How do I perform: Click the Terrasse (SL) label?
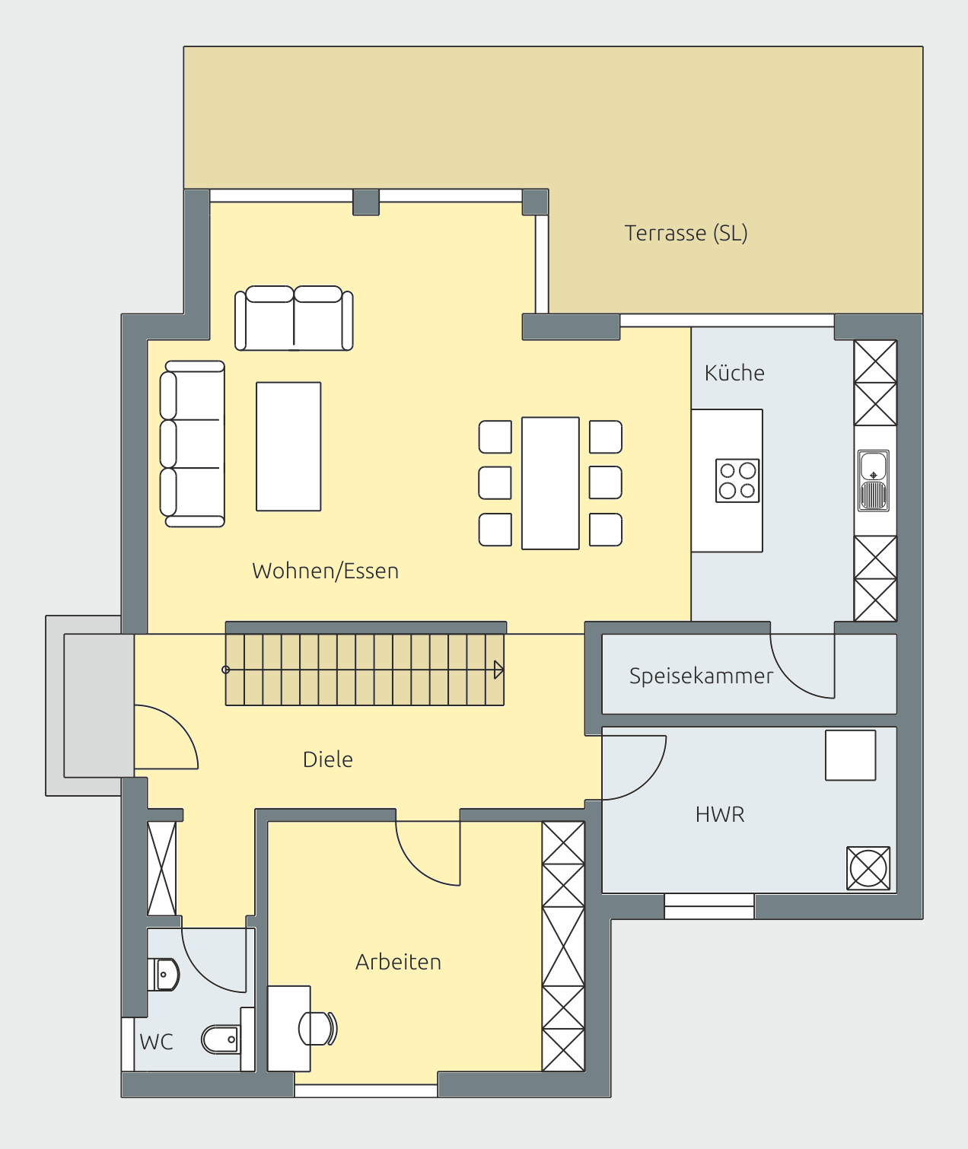(686, 234)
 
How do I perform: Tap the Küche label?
(734, 373)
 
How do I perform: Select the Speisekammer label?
(701, 676)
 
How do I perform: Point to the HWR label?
(720, 814)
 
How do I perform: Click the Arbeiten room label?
(398, 962)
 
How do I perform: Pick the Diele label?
(327, 759)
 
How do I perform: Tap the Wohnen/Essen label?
(325, 571)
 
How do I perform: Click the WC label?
(156, 1042)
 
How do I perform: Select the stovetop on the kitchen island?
(737, 480)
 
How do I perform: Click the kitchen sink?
(874, 480)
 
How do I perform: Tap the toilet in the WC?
(221, 1039)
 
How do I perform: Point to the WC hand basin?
(164, 975)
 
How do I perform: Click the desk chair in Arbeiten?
(317, 1028)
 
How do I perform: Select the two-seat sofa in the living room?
(294, 318)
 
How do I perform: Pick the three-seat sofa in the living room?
(192, 444)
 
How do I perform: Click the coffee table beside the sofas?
(288, 446)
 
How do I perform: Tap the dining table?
(550, 483)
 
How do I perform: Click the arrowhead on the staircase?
(498, 670)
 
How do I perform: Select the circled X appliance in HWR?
(868, 867)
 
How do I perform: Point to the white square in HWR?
(850, 755)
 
